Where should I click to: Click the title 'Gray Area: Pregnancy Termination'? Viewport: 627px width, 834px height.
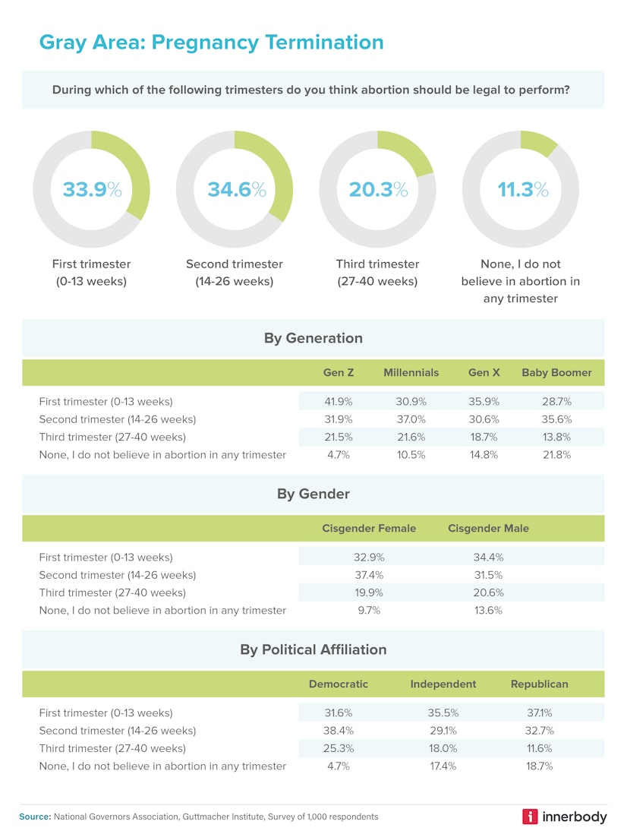(211, 42)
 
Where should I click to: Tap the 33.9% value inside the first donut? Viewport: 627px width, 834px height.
(91, 189)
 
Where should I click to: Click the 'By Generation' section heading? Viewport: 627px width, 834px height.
(313, 338)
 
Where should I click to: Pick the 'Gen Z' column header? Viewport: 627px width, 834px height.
(339, 373)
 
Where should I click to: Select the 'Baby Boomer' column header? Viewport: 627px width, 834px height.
(556, 373)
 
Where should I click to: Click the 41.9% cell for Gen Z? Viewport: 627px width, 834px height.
(339, 401)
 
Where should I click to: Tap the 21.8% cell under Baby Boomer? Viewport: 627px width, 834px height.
(556, 455)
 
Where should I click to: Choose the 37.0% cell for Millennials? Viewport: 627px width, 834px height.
(411, 419)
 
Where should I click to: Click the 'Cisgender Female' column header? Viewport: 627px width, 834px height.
(369, 529)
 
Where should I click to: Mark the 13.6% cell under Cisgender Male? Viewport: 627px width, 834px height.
(488, 611)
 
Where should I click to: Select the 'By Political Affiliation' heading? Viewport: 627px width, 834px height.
(313, 649)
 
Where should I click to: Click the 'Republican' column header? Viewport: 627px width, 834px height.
(539, 684)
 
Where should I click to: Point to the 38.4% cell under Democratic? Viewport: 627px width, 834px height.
(339, 731)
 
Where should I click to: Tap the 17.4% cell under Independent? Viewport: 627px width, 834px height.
(443, 766)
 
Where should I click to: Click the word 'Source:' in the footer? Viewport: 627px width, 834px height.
(35, 817)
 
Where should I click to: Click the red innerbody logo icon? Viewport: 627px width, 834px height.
(530, 817)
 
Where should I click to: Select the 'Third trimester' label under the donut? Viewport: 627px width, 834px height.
(377, 264)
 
